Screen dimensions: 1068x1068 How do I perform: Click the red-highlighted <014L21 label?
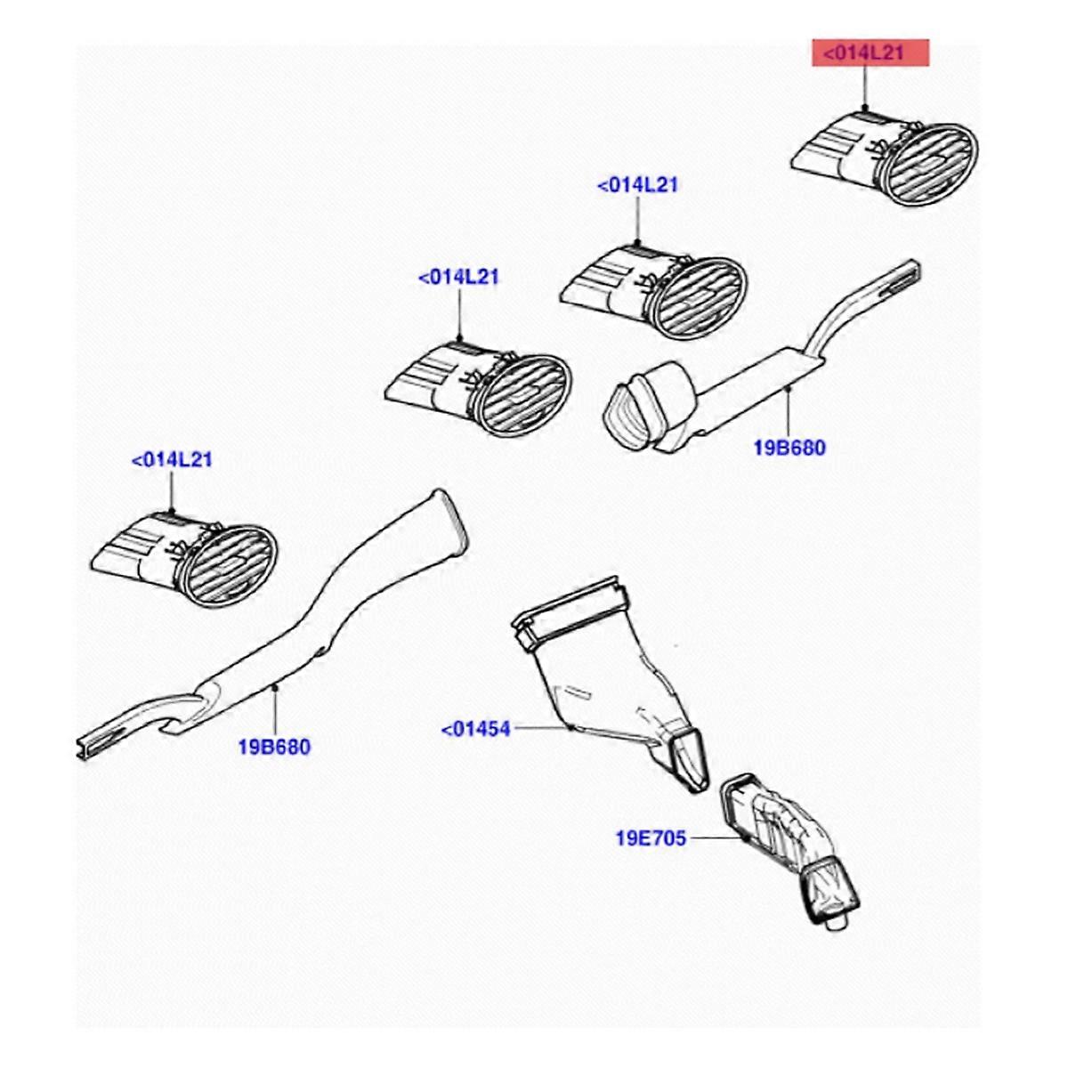[x=868, y=53]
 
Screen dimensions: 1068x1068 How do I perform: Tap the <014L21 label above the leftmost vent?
[x=172, y=460]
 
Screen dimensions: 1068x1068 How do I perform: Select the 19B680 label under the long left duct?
[x=274, y=746]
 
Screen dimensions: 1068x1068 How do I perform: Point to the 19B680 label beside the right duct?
[x=789, y=448]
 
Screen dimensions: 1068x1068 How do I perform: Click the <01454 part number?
[x=476, y=730]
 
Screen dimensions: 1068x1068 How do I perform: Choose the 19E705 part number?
[x=651, y=837]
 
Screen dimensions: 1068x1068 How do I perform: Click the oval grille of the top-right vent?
[x=934, y=166]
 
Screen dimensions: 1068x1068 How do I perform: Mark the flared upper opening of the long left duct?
[x=449, y=524]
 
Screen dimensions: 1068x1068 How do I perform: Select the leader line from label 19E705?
[x=716, y=837]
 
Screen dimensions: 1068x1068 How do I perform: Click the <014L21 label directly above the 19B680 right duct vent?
[x=637, y=185]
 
